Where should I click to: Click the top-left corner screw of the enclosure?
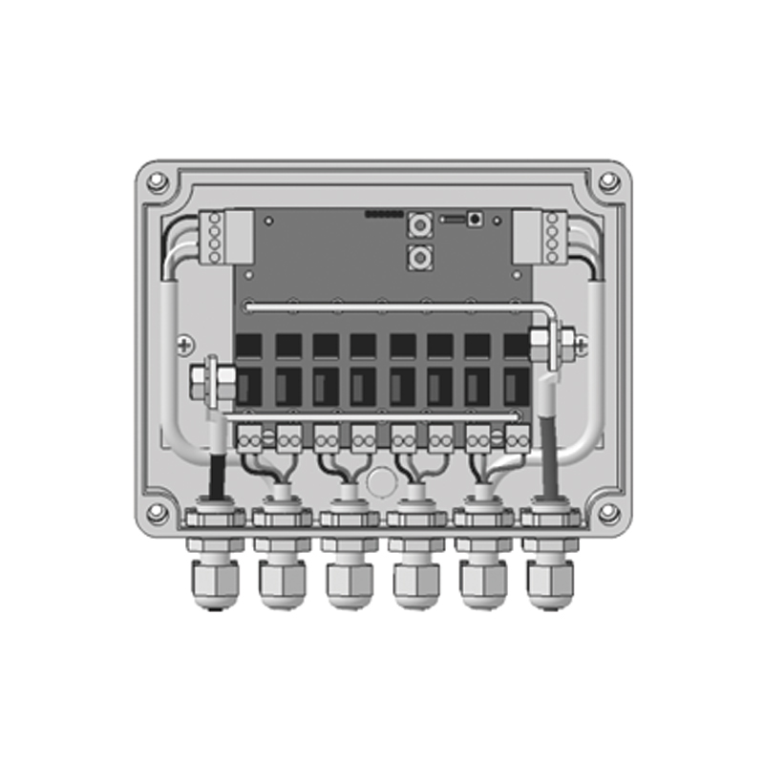coord(159,181)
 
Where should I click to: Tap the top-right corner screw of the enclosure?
coord(607,181)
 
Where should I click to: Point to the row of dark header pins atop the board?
coord(384,214)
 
